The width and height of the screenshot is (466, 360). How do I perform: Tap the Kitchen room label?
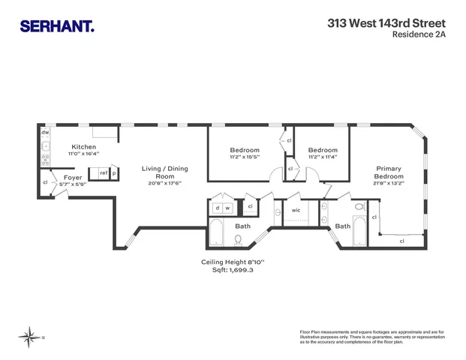(83, 146)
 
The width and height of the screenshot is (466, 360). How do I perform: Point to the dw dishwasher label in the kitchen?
(45, 133)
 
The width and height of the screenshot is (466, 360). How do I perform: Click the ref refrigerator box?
(102, 172)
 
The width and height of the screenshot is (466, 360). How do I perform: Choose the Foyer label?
(73, 178)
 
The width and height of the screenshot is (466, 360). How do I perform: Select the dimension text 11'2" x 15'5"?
(245, 157)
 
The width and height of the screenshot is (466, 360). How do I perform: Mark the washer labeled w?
(226, 207)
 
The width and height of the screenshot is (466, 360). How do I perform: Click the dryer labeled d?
(217, 207)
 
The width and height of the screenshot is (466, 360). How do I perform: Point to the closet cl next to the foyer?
(46, 182)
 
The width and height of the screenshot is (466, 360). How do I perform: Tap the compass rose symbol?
(30, 336)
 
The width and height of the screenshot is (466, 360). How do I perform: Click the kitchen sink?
(45, 146)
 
